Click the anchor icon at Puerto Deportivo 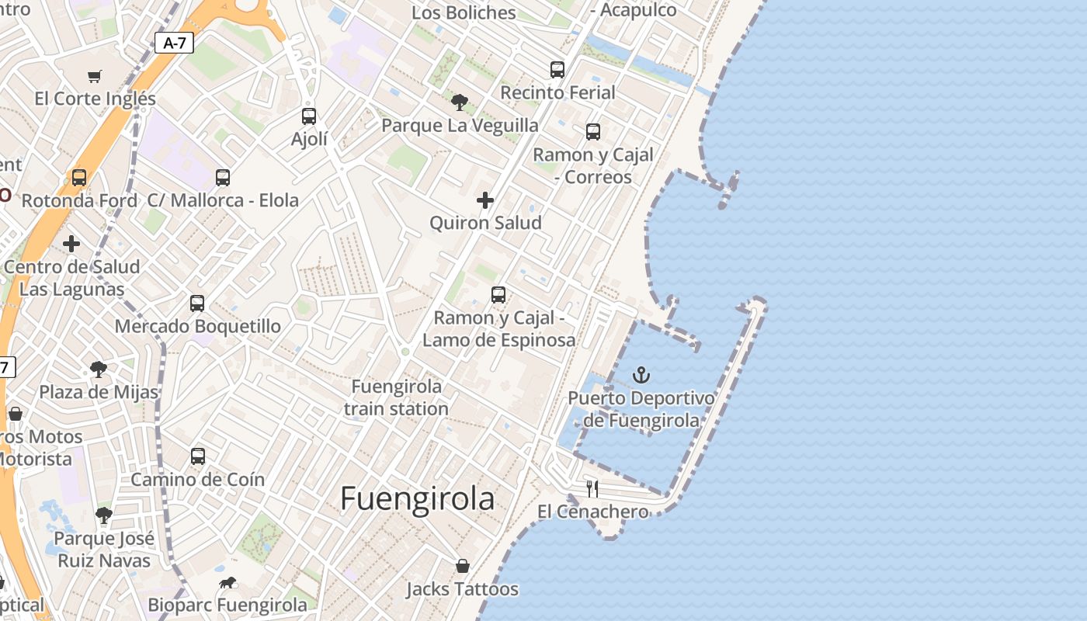[x=641, y=376]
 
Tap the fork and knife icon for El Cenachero [x=592, y=488]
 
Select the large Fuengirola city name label [x=417, y=498]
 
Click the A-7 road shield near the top [x=174, y=43]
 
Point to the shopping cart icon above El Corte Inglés [x=95, y=76]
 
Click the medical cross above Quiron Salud [x=485, y=200]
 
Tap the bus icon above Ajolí [x=309, y=116]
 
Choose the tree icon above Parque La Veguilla [x=460, y=102]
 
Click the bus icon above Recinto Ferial [x=557, y=69]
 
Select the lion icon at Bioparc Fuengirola [x=227, y=583]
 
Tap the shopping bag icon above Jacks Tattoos [x=463, y=566]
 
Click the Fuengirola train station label [x=396, y=397]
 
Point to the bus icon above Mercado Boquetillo [x=197, y=304]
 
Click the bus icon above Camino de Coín [x=198, y=456]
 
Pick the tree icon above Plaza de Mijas [x=99, y=369]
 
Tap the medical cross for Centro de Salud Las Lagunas [x=71, y=244]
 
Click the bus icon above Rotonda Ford [x=79, y=178]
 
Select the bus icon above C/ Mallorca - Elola [x=223, y=178]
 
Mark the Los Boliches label [x=464, y=13]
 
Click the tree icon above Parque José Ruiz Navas [x=104, y=515]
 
